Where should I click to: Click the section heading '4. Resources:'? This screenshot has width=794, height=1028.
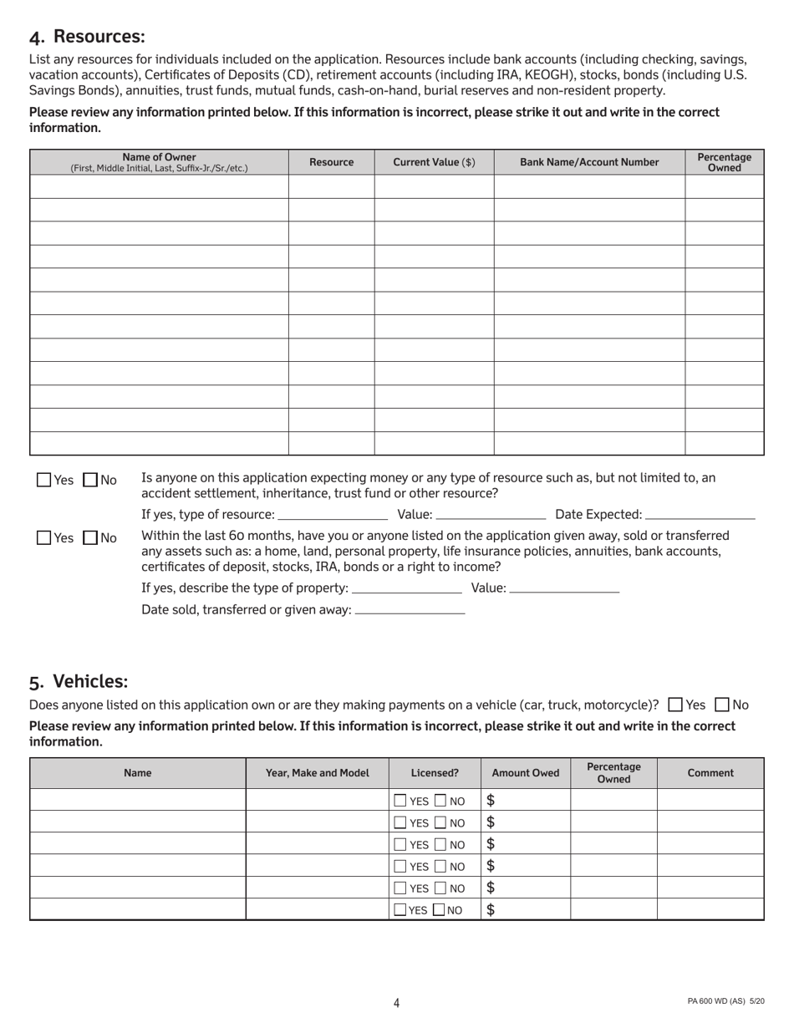pyautogui.click(x=87, y=37)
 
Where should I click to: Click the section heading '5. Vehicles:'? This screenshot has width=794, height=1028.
pyautogui.click(x=79, y=681)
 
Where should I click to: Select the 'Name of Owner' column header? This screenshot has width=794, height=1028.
pyautogui.click(x=159, y=162)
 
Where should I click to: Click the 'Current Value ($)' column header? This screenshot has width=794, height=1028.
pyautogui.click(x=434, y=162)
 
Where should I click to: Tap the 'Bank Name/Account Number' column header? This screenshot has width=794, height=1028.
pyautogui.click(x=589, y=162)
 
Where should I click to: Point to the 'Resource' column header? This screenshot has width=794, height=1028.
pyautogui.click(x=331, y=162)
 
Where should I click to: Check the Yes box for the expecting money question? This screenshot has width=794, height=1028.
pyautogui.click(x=44, y=480)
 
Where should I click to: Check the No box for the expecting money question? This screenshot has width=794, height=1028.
pyautogui.click(x=91, y=480)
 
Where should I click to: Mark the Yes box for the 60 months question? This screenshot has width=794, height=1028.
pyautogui.click(x=44, y=538)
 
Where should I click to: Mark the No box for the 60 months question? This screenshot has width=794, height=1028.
pyautogui.click(x=91, y=538)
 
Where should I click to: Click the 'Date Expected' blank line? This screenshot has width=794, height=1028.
pyautogui.click(x=700, y=516)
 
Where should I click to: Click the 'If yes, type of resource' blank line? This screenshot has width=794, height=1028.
pyautogui.click(x=333, y=516)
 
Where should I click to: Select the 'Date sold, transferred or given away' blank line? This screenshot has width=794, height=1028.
pyautogui.click(x=410, y=611)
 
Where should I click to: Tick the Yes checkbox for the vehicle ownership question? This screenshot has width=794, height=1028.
pyautogui.click(x=676, y=705)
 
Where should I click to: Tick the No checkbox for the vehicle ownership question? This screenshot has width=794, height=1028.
pyautogui.click(x=723, y=705)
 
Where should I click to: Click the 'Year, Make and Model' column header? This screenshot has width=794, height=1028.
pyautogui.click(x=317, y=773)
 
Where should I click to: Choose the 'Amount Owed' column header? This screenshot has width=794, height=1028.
pyautogui.click(x=526, y=773)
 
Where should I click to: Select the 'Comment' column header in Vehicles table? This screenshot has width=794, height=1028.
pyautogui.click(x=710, y=773)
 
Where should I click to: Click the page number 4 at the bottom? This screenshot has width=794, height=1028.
pyautogui.click(x=397, y=1003)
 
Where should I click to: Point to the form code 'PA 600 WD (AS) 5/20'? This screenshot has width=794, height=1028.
pyautogui.click(x=725, y=1002)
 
